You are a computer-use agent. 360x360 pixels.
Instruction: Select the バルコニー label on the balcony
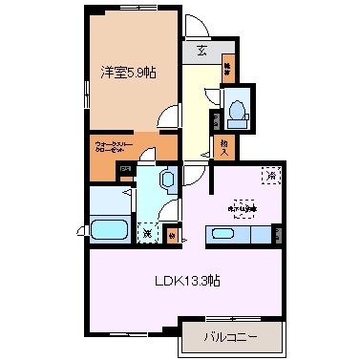(232, 335)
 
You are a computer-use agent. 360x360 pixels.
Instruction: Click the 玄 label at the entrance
(203, 53)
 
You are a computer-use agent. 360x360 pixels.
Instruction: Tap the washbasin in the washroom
(166, 178)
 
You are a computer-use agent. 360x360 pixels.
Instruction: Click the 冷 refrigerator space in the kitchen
(270, 176)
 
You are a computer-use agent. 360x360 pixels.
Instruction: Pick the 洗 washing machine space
(147, 229)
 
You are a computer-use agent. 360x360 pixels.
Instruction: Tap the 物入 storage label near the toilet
(224, 146)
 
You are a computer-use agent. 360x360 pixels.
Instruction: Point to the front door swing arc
(194, 27)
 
